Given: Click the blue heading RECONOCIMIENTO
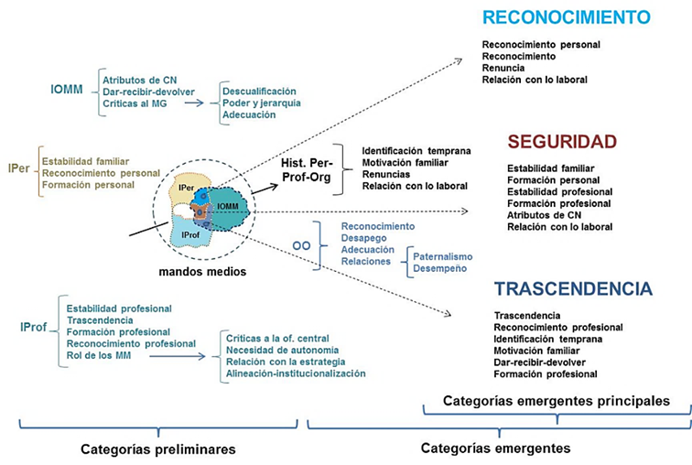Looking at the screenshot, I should coord(566,18).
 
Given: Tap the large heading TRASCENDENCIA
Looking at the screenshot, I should coord(573,289).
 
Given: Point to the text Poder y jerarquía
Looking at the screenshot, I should coord(261,103).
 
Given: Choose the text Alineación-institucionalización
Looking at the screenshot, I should coord(296,373).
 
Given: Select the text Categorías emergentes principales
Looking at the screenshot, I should coord(556,401).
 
